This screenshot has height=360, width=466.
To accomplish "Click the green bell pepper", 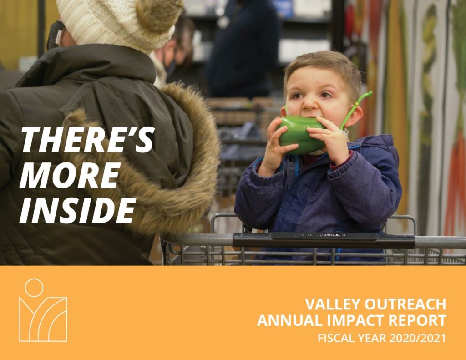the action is [301, 135].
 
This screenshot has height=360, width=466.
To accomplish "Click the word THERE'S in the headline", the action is [87, 139].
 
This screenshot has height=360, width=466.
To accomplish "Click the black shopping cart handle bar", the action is [324, 239].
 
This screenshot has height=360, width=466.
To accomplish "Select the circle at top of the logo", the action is [34, 288].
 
